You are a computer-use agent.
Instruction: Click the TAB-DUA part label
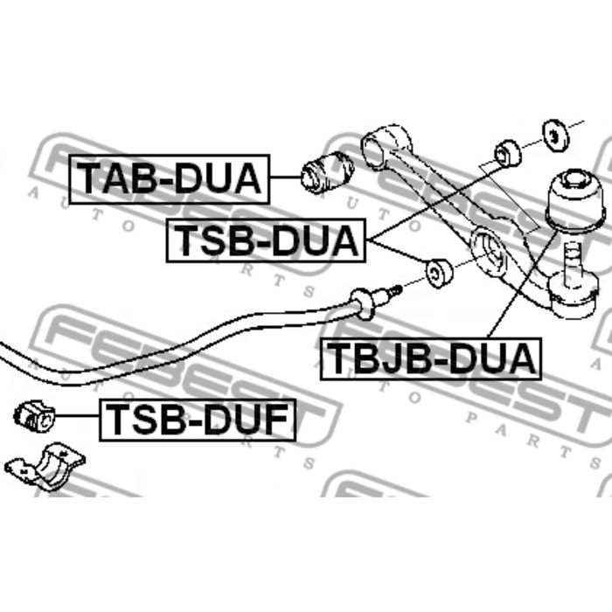tap(170, 179)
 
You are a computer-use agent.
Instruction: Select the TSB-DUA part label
tap(266, 240)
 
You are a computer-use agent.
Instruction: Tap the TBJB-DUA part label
tap(430, 358)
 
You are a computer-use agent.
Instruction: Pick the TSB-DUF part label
tap(198, 420)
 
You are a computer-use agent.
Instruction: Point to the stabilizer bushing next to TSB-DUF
tap(34, 416)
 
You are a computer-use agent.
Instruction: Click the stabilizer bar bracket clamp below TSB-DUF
tap(45, 466)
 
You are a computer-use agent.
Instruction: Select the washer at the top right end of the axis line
tap(555, 136)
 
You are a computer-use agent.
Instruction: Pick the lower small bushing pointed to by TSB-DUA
tap(439, 273)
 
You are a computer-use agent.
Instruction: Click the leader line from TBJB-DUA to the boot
tap(521, 284)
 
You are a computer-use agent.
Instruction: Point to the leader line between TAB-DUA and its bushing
tap(285, 177)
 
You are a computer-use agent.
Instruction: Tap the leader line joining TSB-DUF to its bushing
tap(77, 416)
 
